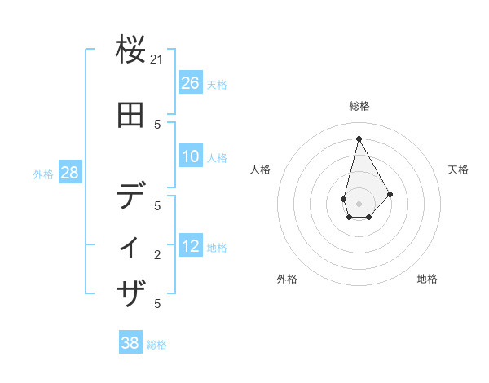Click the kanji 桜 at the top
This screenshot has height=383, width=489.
coord(131,51)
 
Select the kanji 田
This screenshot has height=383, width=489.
coord(131,117)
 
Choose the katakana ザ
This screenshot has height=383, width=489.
coord(131,293)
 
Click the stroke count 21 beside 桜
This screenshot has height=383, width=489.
coord(158,60)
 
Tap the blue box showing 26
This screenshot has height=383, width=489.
coord(191,83)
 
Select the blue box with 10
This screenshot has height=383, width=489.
coord(191,156)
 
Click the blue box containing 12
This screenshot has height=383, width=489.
coord(191,246)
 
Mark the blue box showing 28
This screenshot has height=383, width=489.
coord(69,173)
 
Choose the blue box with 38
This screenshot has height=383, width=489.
coord(130,343)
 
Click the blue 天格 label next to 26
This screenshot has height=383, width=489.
coord(217,84)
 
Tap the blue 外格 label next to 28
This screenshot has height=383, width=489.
coord(43,174)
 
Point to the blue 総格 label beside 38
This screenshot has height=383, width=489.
coord(156,344)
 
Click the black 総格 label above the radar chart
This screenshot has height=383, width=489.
coord(359,106)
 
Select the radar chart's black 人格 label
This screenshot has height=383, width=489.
coord(261,169)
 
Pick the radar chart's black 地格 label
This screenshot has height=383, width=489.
coord(427,279)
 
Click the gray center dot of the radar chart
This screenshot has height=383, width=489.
coord(359,203)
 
